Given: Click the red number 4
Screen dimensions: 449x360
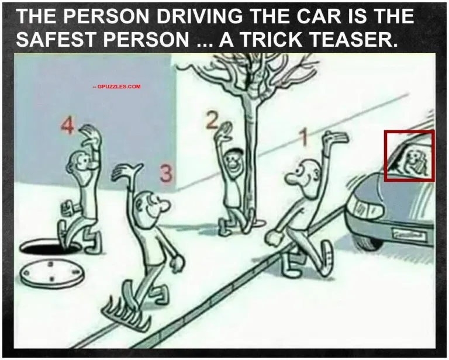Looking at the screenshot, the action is [x=68, y=126].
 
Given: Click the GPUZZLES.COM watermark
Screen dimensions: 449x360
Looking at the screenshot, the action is [x=117, y=86].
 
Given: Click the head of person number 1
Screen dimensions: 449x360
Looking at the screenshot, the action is [x=304, y=175].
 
